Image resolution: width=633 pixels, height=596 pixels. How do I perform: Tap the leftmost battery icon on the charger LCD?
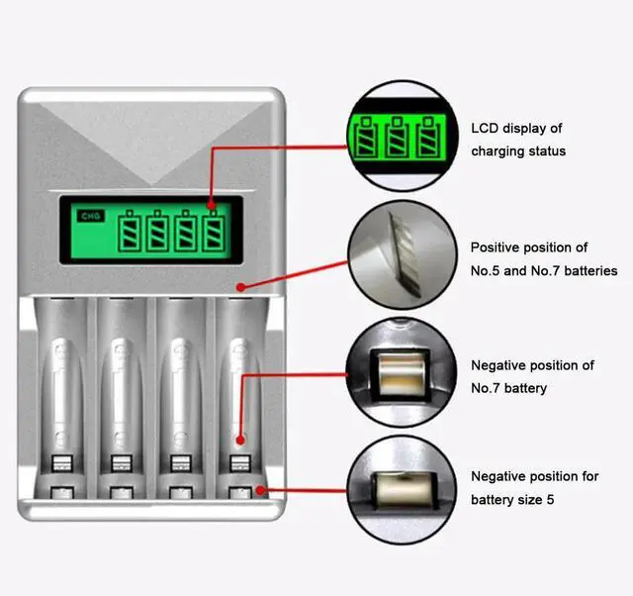pyautogui.click(x=132, y=233)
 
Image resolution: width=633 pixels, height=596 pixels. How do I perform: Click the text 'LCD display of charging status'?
pyautogui.click(x=517, y=140)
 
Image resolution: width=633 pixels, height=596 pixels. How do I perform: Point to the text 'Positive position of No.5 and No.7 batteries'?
pyautogui.click(x=543, y=258)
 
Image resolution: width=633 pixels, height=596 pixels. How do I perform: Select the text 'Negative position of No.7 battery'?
pyautogui.click(x=532, y=376)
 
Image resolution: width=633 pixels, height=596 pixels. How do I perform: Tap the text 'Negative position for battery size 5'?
pyautogui.click(x=534, y=488)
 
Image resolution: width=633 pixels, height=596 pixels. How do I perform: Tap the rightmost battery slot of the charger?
pyautogui.click(x=238, y=396)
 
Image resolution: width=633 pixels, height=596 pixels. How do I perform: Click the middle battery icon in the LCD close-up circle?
pyautogui.click(x=400, y=137)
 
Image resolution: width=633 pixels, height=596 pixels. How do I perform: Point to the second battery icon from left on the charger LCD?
pyautogui.click(x=159, y=233)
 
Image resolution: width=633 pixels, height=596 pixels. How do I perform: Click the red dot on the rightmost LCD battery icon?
pyautogui.click(x=212, y=205)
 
